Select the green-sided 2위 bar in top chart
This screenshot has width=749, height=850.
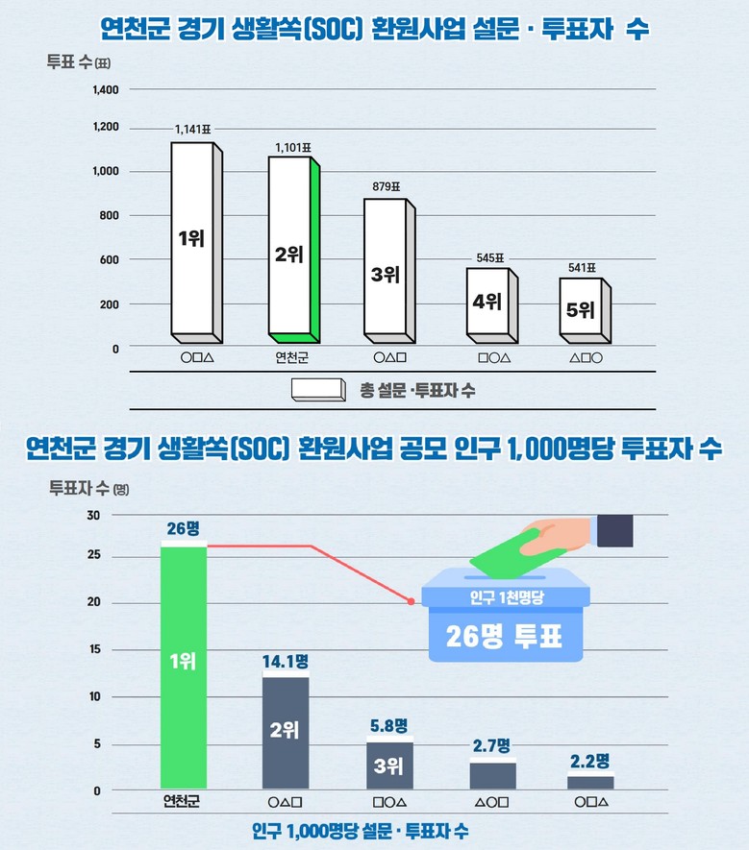click(x=292, y=250)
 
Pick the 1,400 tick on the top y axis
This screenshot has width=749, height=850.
click(x=105, y=90)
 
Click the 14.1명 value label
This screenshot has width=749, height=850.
click(x=285, y=661)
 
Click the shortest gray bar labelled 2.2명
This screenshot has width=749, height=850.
click(x=589, y=783)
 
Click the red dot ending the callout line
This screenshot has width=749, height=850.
click(x=412, y=602)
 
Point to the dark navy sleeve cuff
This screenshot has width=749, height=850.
click(x=614, y=530)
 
